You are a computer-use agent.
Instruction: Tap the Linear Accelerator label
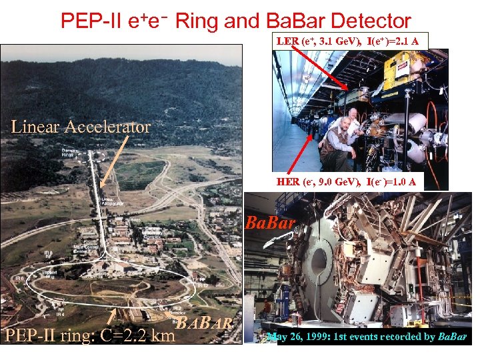(81, 126)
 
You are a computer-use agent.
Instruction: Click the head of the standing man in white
(352, 114)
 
